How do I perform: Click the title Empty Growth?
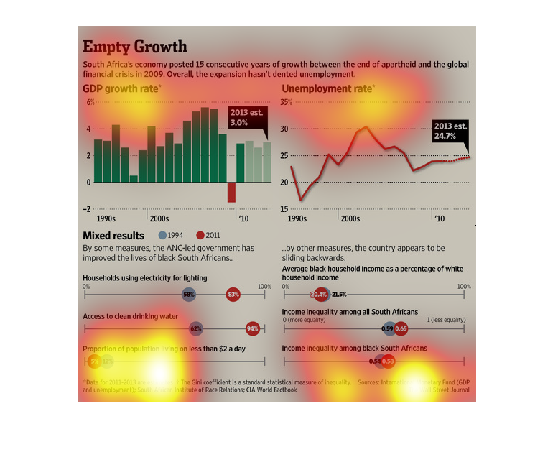tap(134, 47)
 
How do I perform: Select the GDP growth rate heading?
tap(121, 89)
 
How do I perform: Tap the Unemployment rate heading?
tap(327, 89)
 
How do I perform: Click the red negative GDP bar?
tap(231, 192)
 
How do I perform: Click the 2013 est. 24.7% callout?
tap(450, 131)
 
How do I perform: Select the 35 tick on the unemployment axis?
tap(286, 103)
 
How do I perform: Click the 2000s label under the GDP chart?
tap(159, 218)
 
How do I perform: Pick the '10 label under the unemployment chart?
tap(438, 218)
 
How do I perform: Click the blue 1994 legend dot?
tap(162, 235)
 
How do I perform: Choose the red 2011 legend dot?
tap(200, 235)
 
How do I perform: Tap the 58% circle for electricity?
tap(189, 294)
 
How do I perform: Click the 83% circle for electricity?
tap(233, 294)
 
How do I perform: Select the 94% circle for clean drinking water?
tap(252, 328)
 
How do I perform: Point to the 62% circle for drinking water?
tap(195, 328)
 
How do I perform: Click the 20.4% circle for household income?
tap(319, 294)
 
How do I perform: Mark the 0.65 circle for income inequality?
tap(401, 328)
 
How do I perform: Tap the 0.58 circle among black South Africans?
tap(388, 361)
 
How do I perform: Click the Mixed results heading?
tap(113, 236)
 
